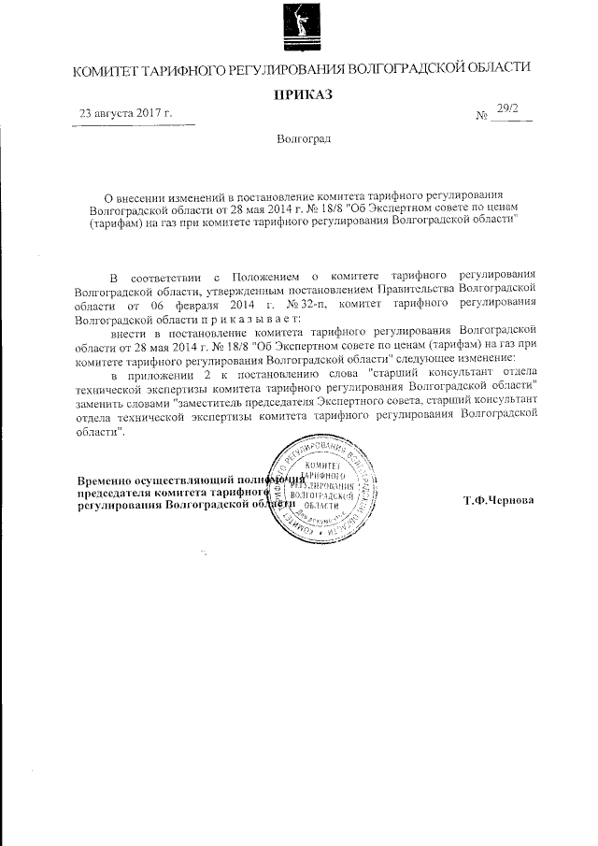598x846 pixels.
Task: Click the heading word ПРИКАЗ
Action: (302, 93)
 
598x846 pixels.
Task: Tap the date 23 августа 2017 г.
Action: (127, 114)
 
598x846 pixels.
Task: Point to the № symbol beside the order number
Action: (483, 119)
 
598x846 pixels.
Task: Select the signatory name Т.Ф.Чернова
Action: (499, 500)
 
